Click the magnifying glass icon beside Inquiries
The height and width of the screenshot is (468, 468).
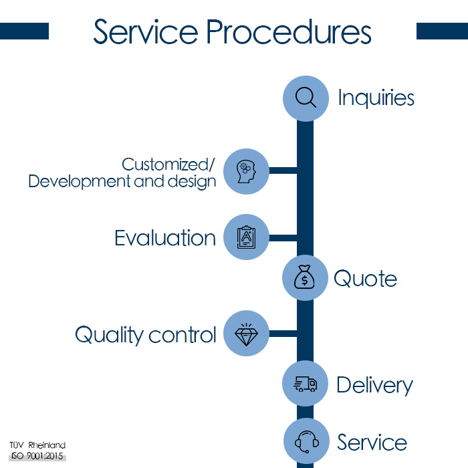pyautogui.click(x=306, y=97)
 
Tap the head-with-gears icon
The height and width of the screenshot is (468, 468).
pyautogui.click(x=246, y=172)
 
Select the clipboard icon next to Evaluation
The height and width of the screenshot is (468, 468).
pyautogui.click(x=246, y=237)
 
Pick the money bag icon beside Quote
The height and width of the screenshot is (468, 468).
pyautogui.click(x=304, y=277)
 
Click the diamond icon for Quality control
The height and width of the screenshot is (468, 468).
pyautogui.click(x=246, y=334)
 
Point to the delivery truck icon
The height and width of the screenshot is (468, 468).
pyautogui.click(x=305, y=384)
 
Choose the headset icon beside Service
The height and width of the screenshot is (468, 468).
pyautogui.click(x=306, y=442)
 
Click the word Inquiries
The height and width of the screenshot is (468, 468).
pyautogui.click(x=376, y=98)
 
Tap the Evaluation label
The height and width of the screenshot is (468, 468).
pyautogui.click(x=165, y=238)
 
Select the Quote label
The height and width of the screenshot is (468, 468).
pyautogui.click(x=365, y=279)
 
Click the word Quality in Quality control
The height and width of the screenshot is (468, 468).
pyautogui.click(x=109, y=335)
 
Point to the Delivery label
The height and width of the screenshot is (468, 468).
pyautogui.click(x=375, y=386)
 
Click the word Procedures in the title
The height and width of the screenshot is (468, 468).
pyautogui.click(x=289, y=32)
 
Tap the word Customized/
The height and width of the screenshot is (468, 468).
pyautogui.click(x=168, y=164)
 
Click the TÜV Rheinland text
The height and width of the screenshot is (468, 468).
pyautogui.click(x=37, y=445)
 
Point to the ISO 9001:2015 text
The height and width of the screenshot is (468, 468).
pyautogui.click(x=37, y=456)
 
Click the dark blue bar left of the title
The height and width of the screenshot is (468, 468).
pyautogui.click(x=24, y=31)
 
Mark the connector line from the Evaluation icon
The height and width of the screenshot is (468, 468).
pyautogui.click(x=283, y=238)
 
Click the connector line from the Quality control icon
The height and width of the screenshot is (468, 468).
pyautogui.click(x=283, y=334)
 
